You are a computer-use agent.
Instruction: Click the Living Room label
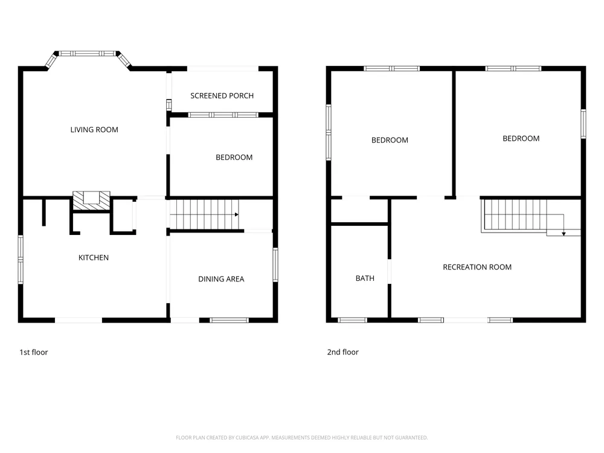pyautogui.click(x=94, y=130)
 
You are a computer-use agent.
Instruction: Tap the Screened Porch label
pyautogui.click(x=222, y=96)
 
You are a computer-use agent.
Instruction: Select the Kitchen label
pyautogui.click(x=94, y=258)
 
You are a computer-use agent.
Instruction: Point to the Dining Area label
pyautogui.click(x=221, y=279)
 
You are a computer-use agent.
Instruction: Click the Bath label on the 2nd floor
pyautogui.click(x=365, y=278)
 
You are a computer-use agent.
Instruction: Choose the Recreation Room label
pyautogui.click(x=477, y=268)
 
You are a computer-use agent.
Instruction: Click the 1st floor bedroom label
pyautogui.click(x=234, y=158)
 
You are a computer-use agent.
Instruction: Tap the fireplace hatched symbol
pyautogui.click(x=91, y=201)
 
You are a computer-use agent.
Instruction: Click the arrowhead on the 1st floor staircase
pyautogui.click(x=237, y=214)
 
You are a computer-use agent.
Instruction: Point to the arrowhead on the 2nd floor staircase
pyautogui.click(x=564, y=234)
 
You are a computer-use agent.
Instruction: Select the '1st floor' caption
pyautogui.click(x=33, y=352)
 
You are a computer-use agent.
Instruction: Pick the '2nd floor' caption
pyautogui.click(x=343, y=352)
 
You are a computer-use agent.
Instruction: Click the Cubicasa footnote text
pyautogui.click(x=301, y=437)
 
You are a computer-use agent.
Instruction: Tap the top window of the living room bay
pyautogui.click(x=87, y=54)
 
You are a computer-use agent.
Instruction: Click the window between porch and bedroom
pyautogui.click(x=223, y=115)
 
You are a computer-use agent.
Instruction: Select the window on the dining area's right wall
pyautogui.click(x=275, y=265)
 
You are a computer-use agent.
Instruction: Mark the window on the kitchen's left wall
pyautogui.click(x=21, y=260)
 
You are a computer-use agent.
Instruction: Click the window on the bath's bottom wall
pyautogui.click(x=353, y=320)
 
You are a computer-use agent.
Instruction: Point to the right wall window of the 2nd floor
pyautogui.click(x=583, y=124)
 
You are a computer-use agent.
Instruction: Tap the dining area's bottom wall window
pyautogui.click(x=229, y=320)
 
